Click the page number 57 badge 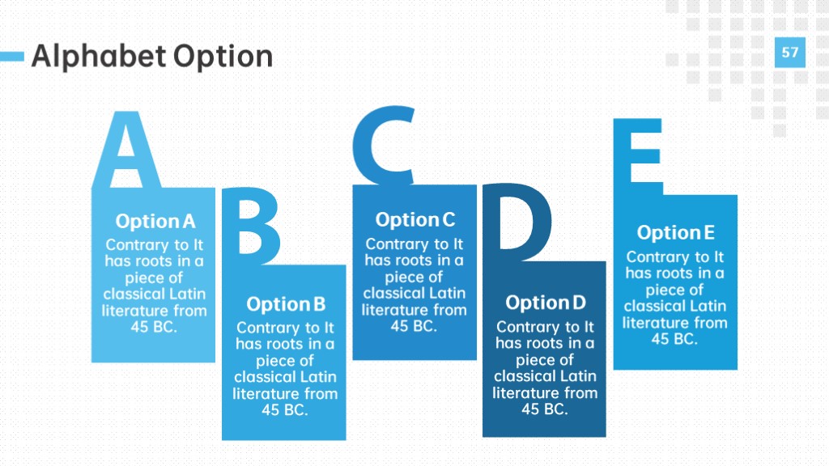click(790, 53)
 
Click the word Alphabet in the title click(98, 56)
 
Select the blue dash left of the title click(11, 56)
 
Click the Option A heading click(155, 222)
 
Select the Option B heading click(286, 304)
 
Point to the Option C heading click(415, 220)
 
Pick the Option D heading click(546, 303)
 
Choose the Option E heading click(676, 232)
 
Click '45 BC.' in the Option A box click(154, 327)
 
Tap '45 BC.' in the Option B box click(285, 410)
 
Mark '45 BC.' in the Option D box click(545, 409)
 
